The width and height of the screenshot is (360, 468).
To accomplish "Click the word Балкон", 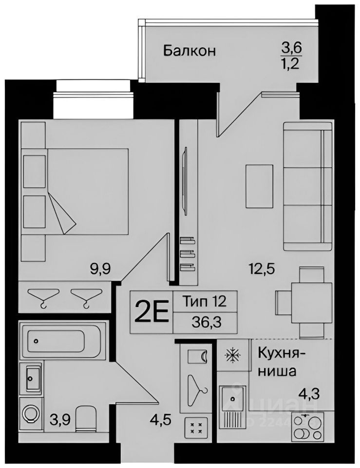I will [x=189, y=50].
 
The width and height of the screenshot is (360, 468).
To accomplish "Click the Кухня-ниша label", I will [x=278, y=361].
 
